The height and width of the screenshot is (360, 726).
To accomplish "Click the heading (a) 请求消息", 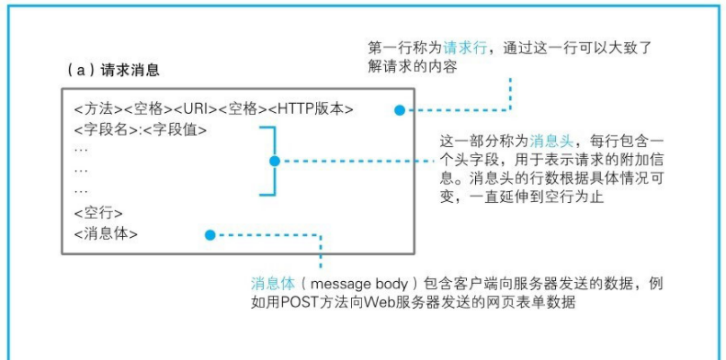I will tap(116, 70).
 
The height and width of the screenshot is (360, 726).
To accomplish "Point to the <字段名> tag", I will tap(106, 129).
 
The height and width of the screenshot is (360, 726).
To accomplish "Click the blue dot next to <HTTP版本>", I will tap(399, 110).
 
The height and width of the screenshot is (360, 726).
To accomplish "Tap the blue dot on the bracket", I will tap(273, 160).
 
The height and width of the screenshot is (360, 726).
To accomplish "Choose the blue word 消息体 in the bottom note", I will tap(272, 283).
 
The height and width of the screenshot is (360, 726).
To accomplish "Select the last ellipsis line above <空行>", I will tap(81, 191).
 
